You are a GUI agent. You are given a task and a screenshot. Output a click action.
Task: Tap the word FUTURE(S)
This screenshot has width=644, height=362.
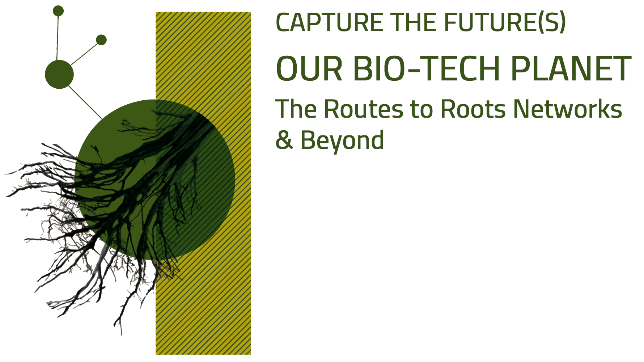coord(505,22)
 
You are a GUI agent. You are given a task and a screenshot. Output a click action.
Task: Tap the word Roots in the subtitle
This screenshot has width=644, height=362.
coord(473,109)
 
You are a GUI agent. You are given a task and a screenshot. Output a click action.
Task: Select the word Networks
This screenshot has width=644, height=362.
coord(568,108)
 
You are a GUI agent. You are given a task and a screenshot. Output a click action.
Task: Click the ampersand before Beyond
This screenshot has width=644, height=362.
coord(284,140)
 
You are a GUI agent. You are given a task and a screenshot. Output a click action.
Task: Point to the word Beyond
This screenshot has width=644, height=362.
coord(342,141)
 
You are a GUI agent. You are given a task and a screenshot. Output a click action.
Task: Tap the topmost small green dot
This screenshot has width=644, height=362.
coord(58,11)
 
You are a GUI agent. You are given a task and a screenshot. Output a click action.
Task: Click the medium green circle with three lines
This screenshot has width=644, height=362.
coord(59,74)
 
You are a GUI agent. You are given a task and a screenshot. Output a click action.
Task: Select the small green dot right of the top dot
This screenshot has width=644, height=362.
coord(101,40)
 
